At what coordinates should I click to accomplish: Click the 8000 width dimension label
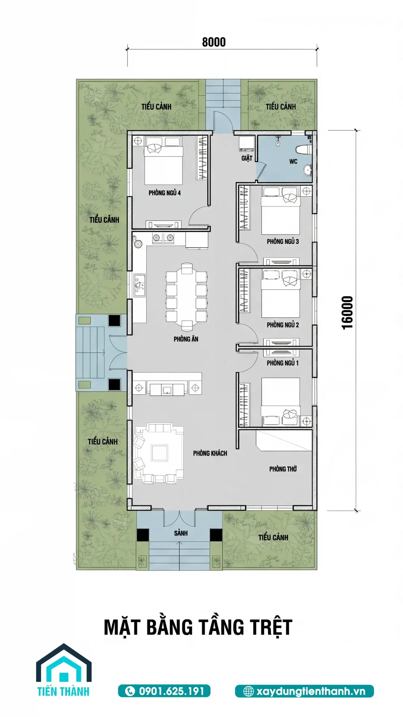214,42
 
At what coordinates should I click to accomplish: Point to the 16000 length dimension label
348,312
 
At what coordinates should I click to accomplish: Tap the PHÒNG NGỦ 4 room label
165,193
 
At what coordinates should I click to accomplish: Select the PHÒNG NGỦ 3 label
283,241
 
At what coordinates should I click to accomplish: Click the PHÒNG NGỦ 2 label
283,325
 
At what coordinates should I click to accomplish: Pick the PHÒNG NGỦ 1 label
283,363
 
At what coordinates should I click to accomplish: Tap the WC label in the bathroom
293,161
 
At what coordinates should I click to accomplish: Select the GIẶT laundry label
247,158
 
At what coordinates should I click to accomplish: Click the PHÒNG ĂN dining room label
186,339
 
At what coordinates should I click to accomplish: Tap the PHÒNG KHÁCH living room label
210,453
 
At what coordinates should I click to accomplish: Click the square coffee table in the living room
159,453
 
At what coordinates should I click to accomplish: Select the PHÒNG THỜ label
283,469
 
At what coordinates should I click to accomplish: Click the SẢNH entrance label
181,533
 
